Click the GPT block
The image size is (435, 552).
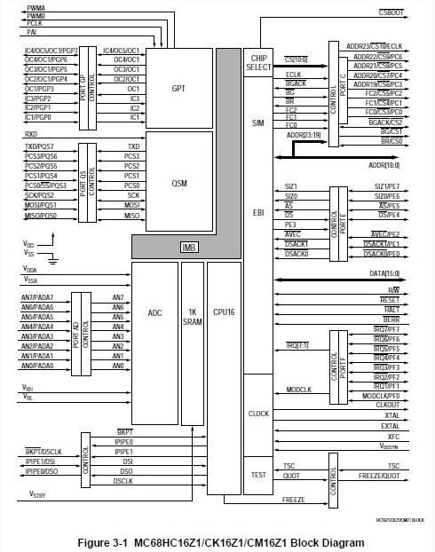tap(178, 89)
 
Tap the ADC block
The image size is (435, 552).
tap(154, 312)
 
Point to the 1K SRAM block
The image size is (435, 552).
tap(192, 316)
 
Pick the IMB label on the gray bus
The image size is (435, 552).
tap(187, 247)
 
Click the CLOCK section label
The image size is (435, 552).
tap(258, 414)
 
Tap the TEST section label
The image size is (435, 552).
tap(258, 475)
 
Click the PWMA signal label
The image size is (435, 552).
tap(36, 6)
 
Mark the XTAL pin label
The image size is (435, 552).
tap(391, 415)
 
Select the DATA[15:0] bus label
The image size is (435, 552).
tap(385, 272)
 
